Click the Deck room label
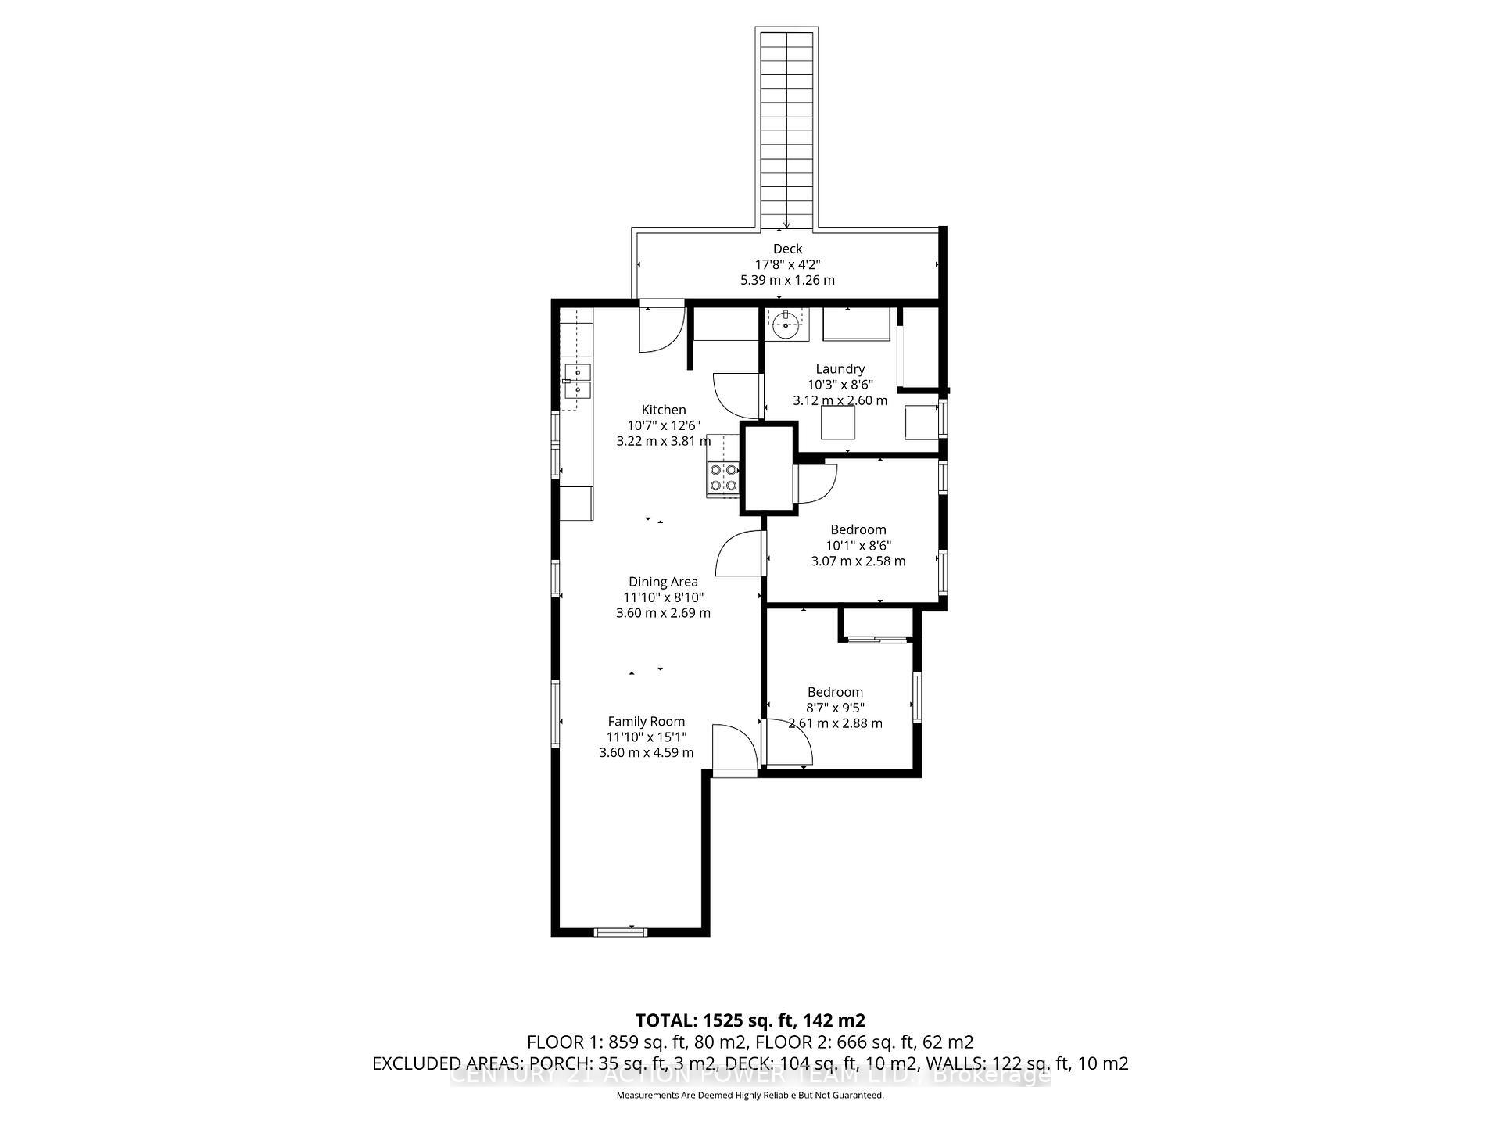[x=787, y=249]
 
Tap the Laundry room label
[x=840, y=369]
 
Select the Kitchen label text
[x=664, y=410]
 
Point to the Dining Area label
[x=663, y=582]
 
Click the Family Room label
[x=646, y=722]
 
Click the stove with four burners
[x=722, y=478]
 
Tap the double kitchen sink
[x=577, y=382]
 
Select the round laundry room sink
[x=785, y=324]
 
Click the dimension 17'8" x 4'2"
[x=787, y=264]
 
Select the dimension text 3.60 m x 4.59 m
[x=646, y=753]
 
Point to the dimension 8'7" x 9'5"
[x=835, y=708]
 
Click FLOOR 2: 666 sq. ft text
[x=873, y=1042]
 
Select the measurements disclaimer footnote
[x=750, y=1096]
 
